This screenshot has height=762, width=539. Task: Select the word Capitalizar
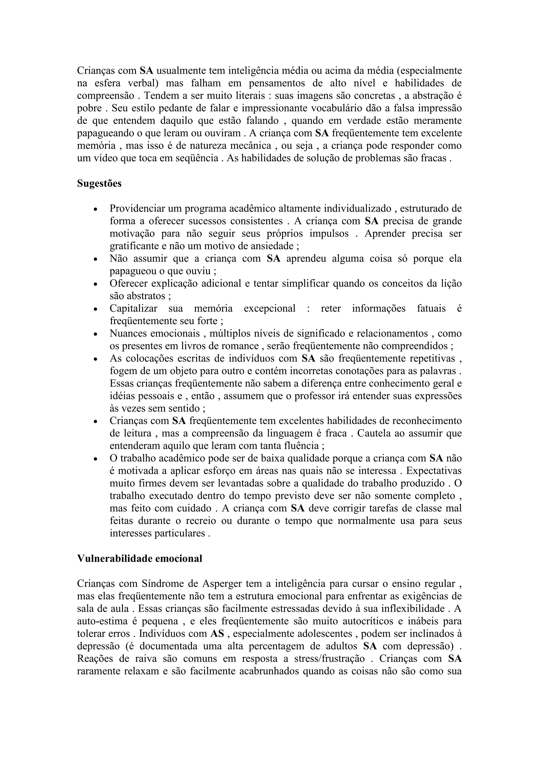point(133,308)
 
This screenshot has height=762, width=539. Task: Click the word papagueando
point(105,133)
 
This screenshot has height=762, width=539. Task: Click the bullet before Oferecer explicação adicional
point(96,284)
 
